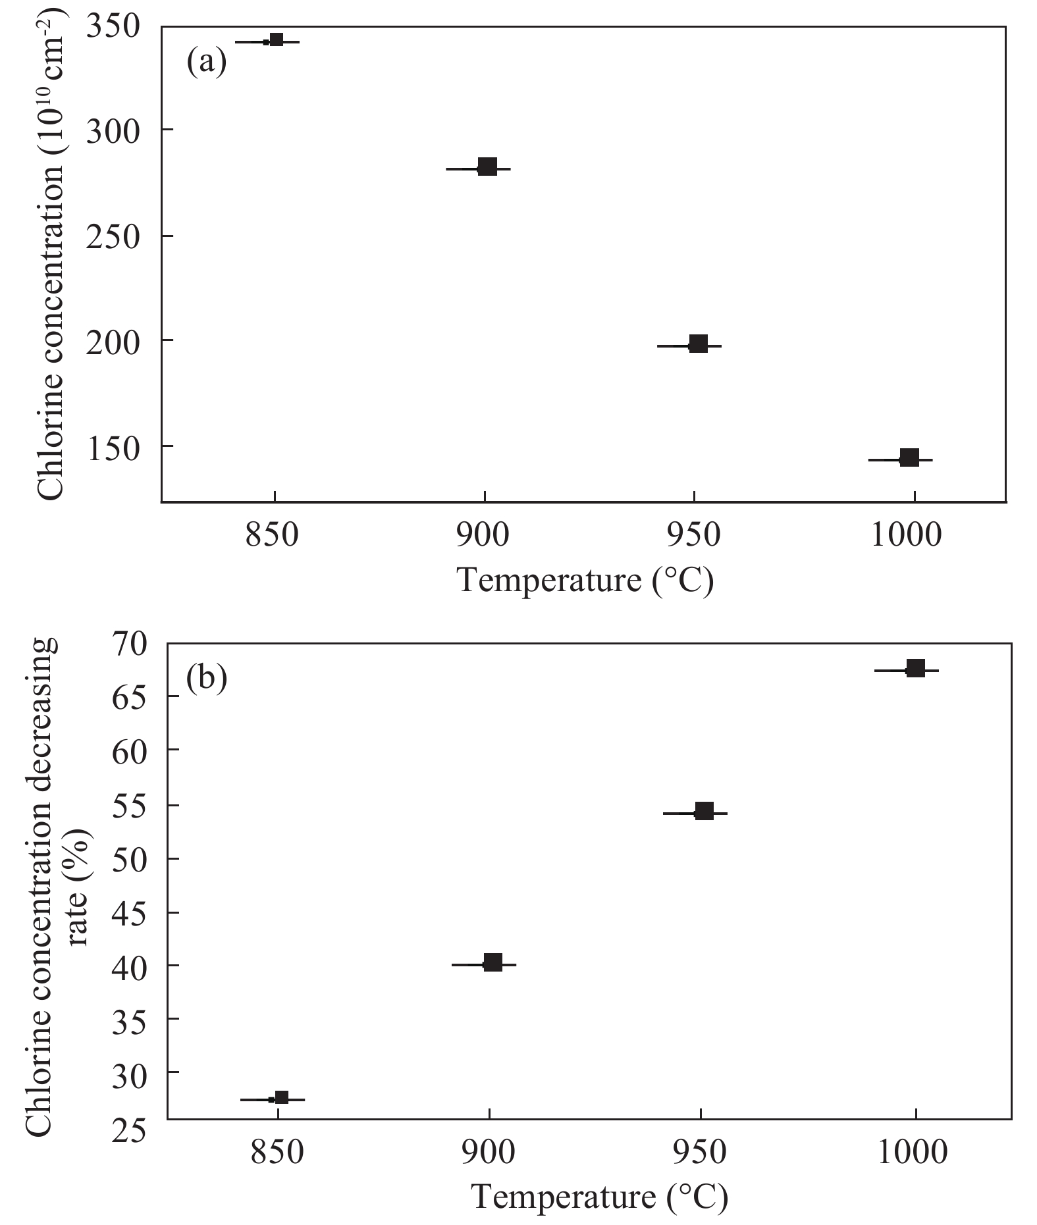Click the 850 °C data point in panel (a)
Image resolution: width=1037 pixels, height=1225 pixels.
point(277,41)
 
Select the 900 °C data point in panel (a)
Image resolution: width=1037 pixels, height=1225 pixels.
point(487,167)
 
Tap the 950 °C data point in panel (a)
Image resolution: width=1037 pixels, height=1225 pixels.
point(698,344)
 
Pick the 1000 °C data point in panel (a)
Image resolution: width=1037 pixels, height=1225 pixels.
point(909,458)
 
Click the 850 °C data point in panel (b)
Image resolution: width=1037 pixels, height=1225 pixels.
point(282,1097)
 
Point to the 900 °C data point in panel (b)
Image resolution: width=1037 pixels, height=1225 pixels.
point(492,963)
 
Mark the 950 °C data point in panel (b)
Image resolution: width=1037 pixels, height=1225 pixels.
point(704,812)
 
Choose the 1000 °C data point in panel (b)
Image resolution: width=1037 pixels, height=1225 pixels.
point(915,669)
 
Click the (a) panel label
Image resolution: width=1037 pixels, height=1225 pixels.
point(206,63)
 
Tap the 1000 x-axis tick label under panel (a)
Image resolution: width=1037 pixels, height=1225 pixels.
point(907,534)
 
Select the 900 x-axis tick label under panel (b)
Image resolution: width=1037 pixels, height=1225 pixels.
point(489,1152)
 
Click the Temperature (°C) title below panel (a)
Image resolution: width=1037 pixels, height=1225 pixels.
point(585,581)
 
